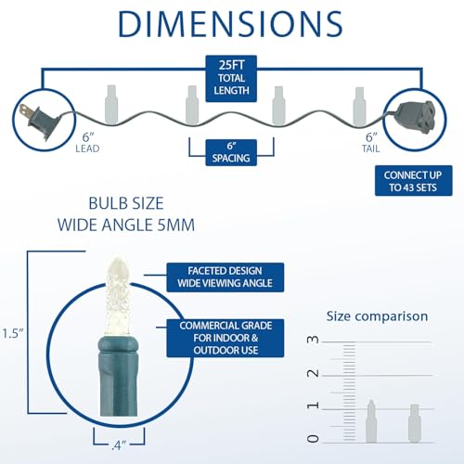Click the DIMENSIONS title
click(230, 24)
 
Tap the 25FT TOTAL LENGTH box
click(231, 79)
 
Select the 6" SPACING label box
click(231, 152)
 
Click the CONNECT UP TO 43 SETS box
click(414, 181)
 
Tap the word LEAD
click(87, 148)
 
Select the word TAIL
click(371, 148)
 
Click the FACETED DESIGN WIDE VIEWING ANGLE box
click(226, 277)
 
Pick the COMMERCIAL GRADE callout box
click(226, 338)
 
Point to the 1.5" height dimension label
click(13, 334)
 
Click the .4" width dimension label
click(119, 445)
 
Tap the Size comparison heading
click(377, 316)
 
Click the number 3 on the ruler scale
click(313, 340)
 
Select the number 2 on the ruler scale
click(313, 373)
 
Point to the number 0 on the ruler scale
click(313, 439)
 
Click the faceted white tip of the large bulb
click(118, 295)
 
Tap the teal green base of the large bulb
click(119, 376)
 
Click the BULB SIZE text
click(126, 203)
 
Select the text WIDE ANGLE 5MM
click(126, 225)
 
